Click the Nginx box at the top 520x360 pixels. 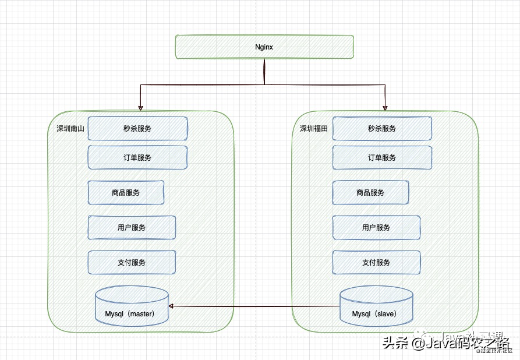pyautogui.click(x=264, y=47)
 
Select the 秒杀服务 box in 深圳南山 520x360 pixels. pyautogui.click(x=137, y=128)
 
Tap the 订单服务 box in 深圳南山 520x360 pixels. pyautogui.click(x=137, y=157)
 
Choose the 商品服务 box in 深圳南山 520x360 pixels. pyautogui.click(x=126, y=193)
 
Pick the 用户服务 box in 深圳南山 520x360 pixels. pyautogui.click(x=132, y=228)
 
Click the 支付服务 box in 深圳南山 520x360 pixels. pyautogui.click(x=132, y=263)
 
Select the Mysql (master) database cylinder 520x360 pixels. pyautogui.click(x=132, y=306)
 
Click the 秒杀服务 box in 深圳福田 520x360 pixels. pyautogui.click(x=382, y=128)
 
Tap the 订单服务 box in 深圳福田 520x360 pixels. pyautogui.click(x=382, y=157)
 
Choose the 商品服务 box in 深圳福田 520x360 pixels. pyautogui.click(x=370, y=193)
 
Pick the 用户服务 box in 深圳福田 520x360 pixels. pyautogui.click(x=376, y=228)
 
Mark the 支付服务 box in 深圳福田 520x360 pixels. pyautogui.click(x=376, y=263)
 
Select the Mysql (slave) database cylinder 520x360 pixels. pyautogui.click(x=377, y=306)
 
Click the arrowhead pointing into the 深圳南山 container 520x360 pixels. pyautogui.click(x=140, y=107)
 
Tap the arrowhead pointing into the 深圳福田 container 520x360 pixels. pyautogui.click(x=385, y=107)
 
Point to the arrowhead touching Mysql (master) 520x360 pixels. pyautogui.click(x=172, y=306)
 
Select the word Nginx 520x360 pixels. pyautogui.click(x=264, y=47)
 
